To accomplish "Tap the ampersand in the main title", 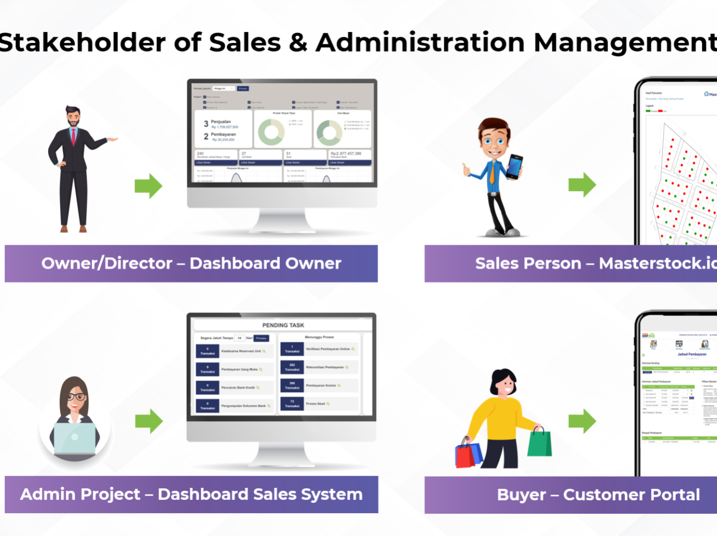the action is [x=298, y=42].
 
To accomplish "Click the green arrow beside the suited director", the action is [x=148, y=186].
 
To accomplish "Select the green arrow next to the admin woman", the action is [x=149, y=421].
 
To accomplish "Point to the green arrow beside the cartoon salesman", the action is [x=582, y=185].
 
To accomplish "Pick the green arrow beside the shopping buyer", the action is [x=582, y=421].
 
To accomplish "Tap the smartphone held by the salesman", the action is [x=514, y=167].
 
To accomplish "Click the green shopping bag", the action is [x=540, y=443].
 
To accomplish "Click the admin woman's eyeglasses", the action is [x=76, y=397].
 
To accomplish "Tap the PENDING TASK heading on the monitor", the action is [x=283, y=325].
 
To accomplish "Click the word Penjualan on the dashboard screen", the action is [x=221, y=122].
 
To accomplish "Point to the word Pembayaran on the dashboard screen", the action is [x=223, y=134].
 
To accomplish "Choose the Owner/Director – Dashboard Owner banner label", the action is [x=191, y=263].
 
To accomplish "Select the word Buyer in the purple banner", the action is [x=521, y=495].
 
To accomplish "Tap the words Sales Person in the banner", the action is [x=528, y=263].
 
